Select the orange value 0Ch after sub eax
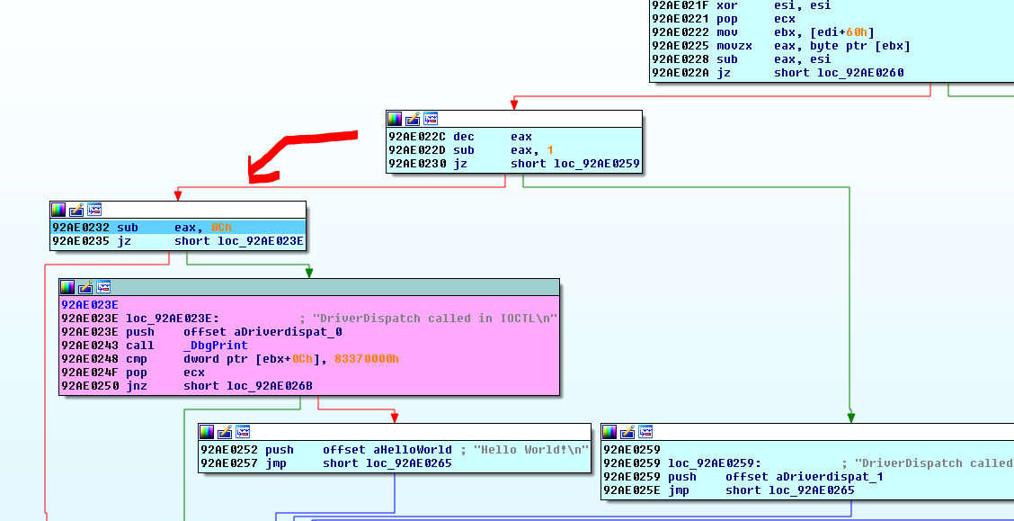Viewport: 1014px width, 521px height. point(221,228)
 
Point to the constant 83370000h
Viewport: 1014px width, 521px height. point(367,359)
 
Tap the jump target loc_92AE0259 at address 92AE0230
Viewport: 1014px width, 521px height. point(575,164)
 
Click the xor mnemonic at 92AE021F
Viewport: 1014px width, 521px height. point(726,4)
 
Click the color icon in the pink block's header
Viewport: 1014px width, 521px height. point(67,287)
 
